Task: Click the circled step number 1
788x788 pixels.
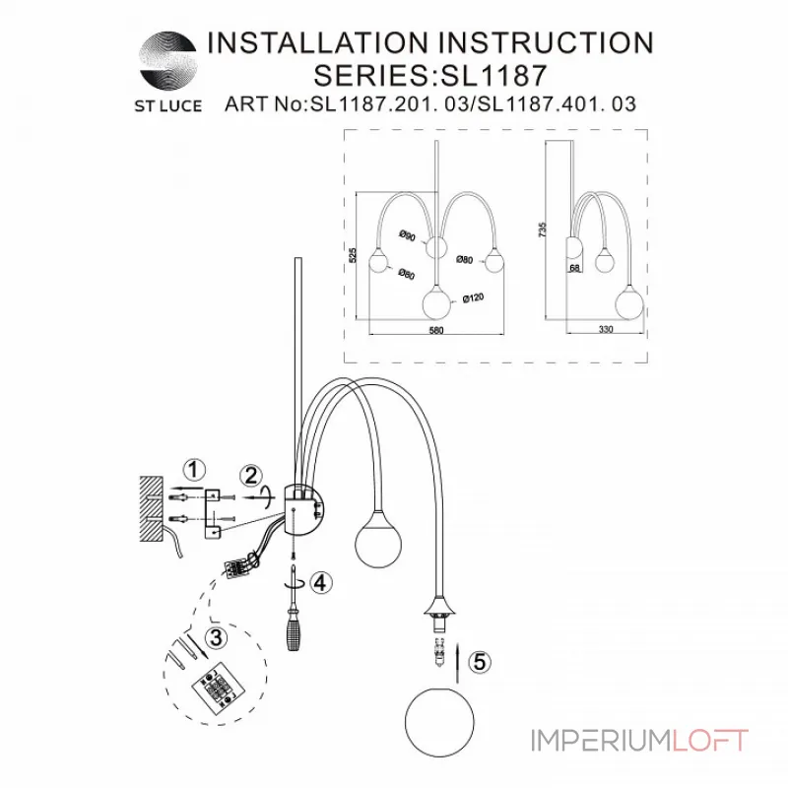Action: tap(195, 468)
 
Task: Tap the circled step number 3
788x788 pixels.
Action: tap(218, 636)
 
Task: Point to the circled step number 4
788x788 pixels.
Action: tap(317, 582)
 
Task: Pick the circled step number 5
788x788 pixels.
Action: tap(478, 663)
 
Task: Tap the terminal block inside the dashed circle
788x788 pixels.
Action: tap(213, 681)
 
